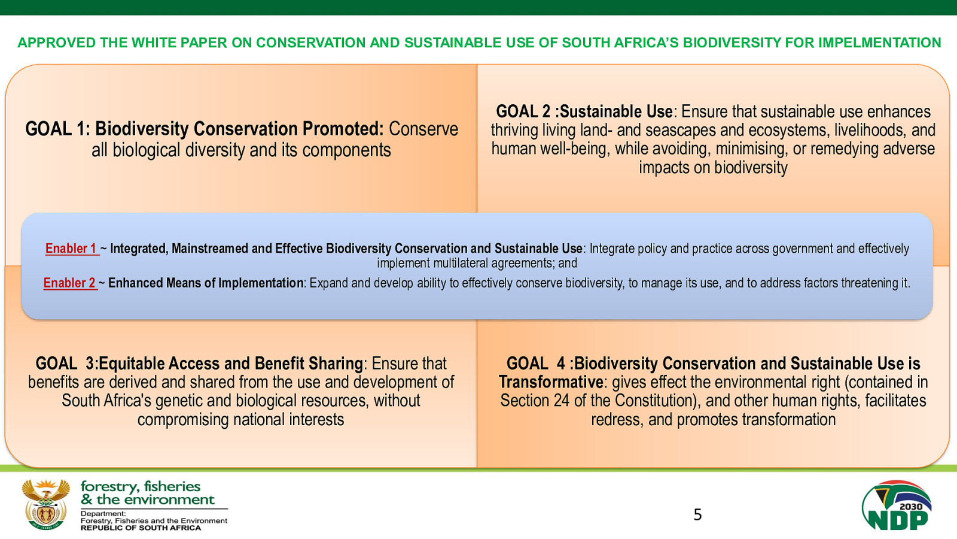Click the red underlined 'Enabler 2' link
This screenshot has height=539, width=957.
click(69, 283)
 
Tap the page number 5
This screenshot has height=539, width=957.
click(697, 514)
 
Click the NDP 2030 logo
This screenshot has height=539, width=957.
click(897, 505)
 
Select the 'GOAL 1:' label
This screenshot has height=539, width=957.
click(57, 129)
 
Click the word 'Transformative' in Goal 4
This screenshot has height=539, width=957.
click(551, 382)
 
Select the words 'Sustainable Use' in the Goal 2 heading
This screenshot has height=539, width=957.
click(616, 111)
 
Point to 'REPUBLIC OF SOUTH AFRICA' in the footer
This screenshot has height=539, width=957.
click(141, 528)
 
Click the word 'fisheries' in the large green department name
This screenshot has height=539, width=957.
click(172, 486)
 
